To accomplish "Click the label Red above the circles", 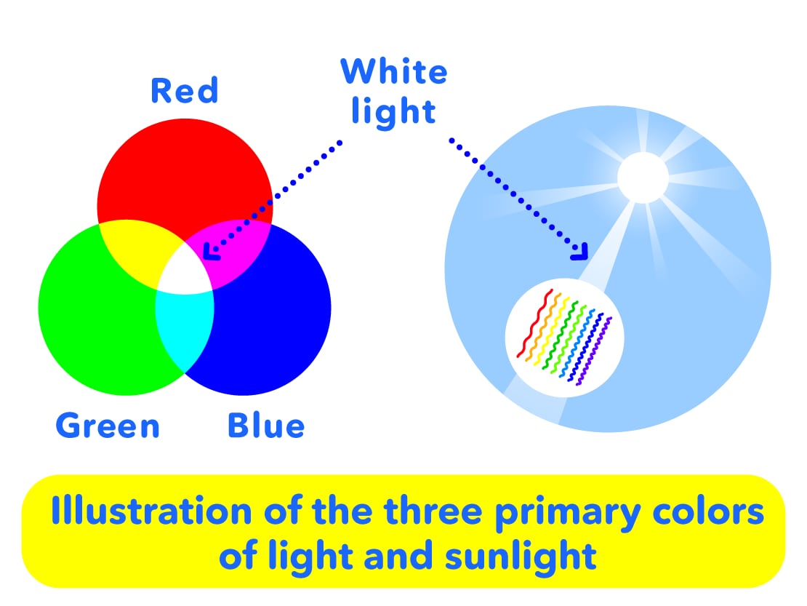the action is [184, 91].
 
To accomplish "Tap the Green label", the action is [108, 426].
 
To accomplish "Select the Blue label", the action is [266, 426].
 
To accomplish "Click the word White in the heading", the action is [394, 71].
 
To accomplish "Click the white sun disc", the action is [643, 178].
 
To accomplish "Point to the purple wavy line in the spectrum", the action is [594, 351].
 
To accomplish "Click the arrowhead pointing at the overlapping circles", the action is [211, 251].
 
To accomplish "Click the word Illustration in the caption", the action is [151, 511].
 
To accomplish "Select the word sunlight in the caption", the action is [521, 556].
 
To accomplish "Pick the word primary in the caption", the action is [569, 513].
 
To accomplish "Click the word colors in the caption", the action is [708, 512].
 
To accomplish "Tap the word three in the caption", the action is [433, 511].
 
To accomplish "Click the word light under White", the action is [394, 112].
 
